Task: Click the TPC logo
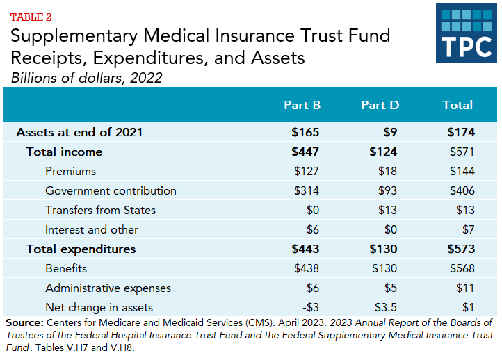coord(466,33)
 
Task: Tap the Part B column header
coord(302,105)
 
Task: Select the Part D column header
coord(380,105)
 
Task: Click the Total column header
coord(458,105)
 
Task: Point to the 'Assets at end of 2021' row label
coord(79,132)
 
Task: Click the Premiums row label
coord(70,171)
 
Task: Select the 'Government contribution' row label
coord(111,190)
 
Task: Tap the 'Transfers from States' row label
coord(100,210)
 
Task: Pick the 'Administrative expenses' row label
coord(108,288)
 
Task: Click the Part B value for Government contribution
coord(307,190)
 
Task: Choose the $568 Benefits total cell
coord(462,268)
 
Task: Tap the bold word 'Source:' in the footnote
coord(24,322)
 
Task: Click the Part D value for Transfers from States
coord(387,210)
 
